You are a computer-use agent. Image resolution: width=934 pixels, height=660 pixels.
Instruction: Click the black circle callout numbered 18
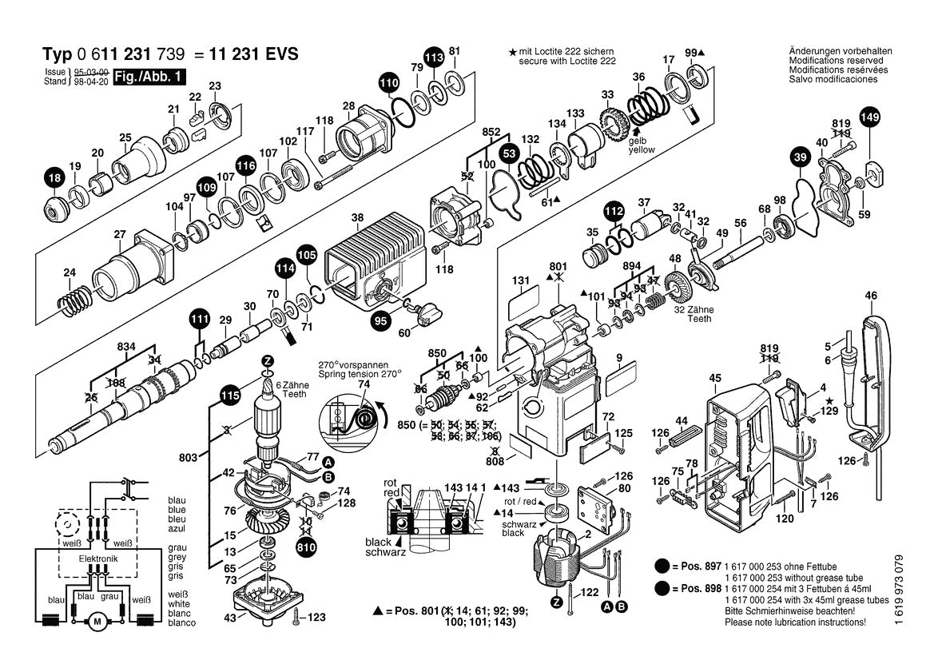pos(54,181)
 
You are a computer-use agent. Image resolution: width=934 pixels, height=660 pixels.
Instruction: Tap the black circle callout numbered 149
pos(869,118)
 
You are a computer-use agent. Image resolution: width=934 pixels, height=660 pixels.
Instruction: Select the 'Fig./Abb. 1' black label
pos(149,78)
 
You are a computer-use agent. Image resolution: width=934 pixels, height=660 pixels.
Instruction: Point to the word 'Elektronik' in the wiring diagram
pos(97,559)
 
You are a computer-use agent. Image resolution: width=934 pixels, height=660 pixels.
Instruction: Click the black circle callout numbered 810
pos(306,548)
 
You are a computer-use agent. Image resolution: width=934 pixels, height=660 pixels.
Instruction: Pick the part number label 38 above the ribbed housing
pos(357,217)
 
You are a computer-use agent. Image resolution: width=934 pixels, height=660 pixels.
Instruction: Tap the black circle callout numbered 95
pos(380,321)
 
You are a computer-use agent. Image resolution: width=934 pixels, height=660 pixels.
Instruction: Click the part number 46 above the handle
pos(870,296)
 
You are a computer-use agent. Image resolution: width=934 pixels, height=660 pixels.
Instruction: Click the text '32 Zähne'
pos(692,309)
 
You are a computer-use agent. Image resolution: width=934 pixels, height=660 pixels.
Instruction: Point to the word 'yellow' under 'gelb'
pos(641,149)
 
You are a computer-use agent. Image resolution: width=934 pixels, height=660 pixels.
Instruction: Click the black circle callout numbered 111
pos(200,319)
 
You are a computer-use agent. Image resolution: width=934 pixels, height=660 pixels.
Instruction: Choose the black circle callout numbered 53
pos(508,153)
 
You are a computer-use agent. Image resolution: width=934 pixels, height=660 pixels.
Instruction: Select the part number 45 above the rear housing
pos(714,378)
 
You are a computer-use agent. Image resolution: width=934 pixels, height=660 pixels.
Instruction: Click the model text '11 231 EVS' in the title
pos(253,54)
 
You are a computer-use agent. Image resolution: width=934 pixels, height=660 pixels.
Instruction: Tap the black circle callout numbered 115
pos(230,395)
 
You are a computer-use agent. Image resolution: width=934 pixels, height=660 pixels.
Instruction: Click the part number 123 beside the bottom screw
pos(316,617)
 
